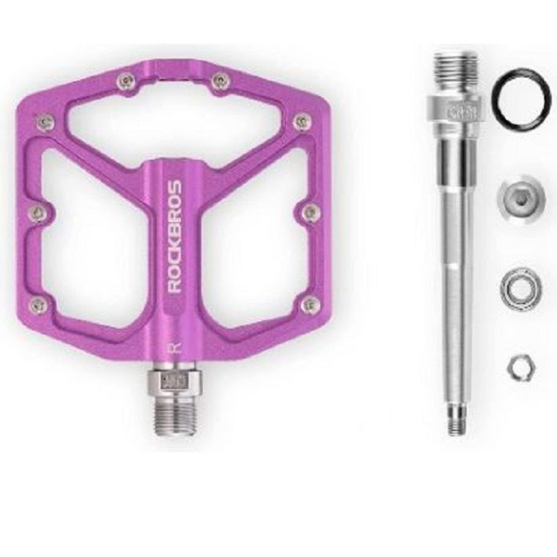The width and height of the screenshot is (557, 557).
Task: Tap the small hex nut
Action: pyautogui.click(x=516, y=365)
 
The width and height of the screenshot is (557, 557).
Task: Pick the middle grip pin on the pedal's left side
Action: pyautogui.click(x=36, y=212)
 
